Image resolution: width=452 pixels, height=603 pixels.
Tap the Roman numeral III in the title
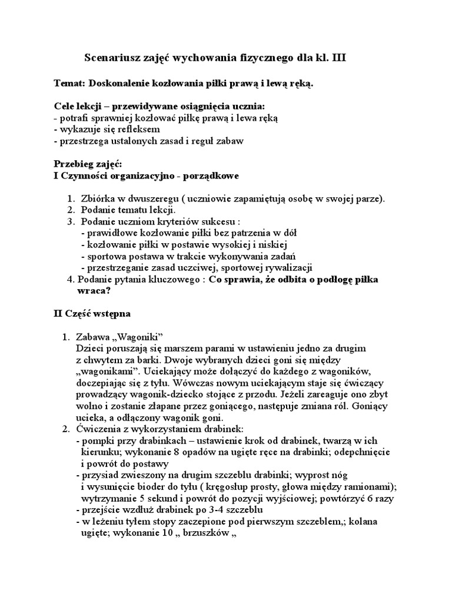346,58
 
